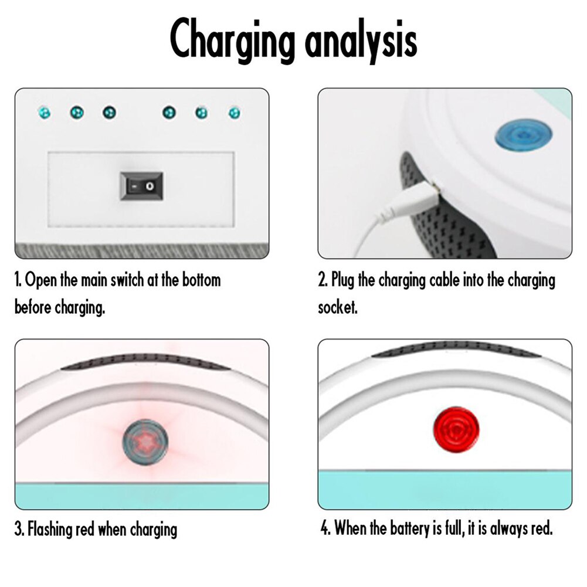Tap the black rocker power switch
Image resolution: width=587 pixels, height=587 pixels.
pyautogui.click(x=141, y=186)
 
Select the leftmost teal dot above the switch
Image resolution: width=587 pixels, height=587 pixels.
pyautogui.click(x=43, y=112)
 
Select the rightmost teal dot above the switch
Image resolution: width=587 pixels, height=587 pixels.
pyautogui.click(x=235, y=113)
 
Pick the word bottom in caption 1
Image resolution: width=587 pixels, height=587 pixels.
pyautogui.click(x=200, y=280)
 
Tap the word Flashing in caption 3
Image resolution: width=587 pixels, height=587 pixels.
pyautogui.click(x=50, y=530)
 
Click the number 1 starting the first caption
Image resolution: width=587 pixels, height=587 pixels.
pyautogui.click(x=18, y=280)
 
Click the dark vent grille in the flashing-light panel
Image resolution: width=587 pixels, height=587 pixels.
pyautogui.click(x=144, y=362)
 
